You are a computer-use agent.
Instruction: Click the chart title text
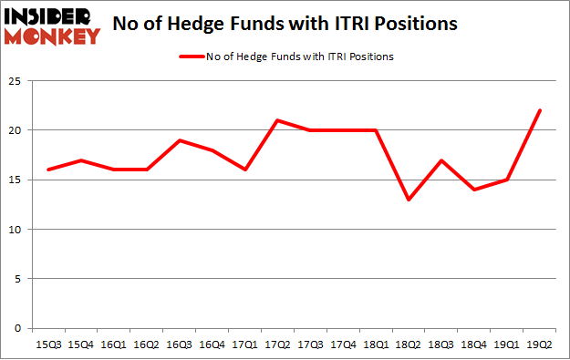[x=285, y=25]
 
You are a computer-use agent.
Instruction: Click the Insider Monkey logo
[x=52, y=25]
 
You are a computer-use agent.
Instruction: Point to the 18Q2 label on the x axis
[x=408, y=345]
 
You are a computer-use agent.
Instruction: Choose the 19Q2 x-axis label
[x=539, y=345]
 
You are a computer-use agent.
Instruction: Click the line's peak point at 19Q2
[x=540, y=111]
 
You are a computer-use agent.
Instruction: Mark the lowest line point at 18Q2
[x=409, y=200]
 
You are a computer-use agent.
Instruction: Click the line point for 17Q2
[x=277, y=120]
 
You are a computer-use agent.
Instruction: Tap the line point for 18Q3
[x=441, y=160]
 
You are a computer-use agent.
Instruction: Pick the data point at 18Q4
[x=474, y=190]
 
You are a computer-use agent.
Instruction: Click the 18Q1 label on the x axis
[x=375, y=345]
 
